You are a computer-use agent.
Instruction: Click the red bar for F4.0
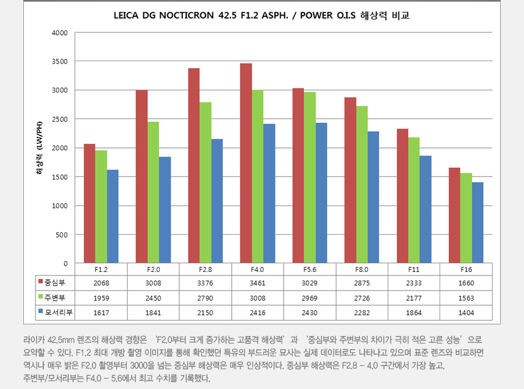click(x=246, y=163)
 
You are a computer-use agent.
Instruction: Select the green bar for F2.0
click(x=153, y=192)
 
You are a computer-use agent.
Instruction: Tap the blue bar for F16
click(x=477, y=222)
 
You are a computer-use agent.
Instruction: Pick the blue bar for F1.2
click(x=112, y=217)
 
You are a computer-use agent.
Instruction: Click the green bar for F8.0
click(x=362, y=185)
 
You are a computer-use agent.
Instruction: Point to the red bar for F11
click(x=402, y=196)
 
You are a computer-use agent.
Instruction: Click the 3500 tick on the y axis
click(x=60, y=61)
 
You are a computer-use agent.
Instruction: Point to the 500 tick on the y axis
click(x=62, y=235)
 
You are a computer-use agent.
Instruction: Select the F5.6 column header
click(x=309, y=270)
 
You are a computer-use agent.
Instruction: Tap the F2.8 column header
click(x=206, y=270)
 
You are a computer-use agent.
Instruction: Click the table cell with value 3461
click(x=257, y=284)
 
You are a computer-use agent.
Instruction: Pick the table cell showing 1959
click(x=101, y=298)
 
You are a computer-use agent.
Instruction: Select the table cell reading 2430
click(x=309, y=313)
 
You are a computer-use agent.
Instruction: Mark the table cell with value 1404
click(x=466, y=313)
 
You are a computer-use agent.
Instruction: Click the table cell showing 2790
click(x=206, y=298)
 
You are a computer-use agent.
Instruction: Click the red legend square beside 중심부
click(x=41, y=284)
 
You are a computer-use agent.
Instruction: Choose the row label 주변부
click(x=56, y=298)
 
